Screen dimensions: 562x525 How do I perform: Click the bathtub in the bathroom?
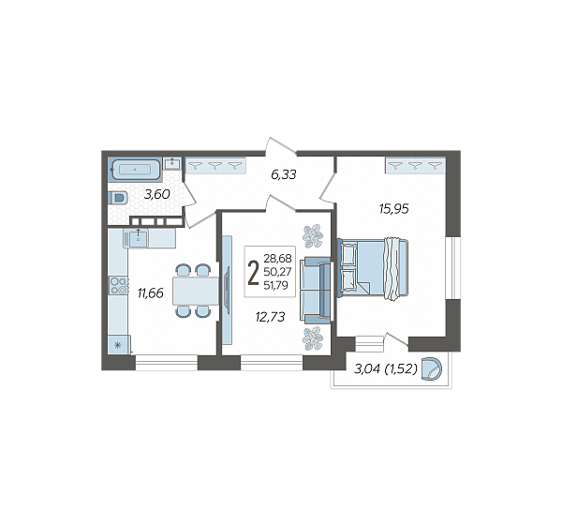click(135, 169)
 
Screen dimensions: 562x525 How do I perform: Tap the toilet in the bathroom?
click(118, 198)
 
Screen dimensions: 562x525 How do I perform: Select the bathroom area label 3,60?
click(156, 194)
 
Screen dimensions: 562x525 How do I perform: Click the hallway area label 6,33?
click(284, 174)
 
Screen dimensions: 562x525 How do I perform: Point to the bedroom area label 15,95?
click(394, 209)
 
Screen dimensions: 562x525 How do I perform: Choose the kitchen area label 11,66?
click(151, 293)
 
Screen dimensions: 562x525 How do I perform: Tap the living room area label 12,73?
click(271, 317)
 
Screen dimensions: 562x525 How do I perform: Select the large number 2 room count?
click(254, 273)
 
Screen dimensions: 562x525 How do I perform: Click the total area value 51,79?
click(275, 285)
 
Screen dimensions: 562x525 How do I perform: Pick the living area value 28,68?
click(277, 258)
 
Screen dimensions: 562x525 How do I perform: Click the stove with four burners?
click(119, 286)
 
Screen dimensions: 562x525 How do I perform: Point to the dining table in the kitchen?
click(196, 291)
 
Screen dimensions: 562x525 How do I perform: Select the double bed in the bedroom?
click(373, 268)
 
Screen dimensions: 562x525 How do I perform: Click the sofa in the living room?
click(317, 291)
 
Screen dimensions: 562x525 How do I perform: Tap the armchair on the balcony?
click(432, 368)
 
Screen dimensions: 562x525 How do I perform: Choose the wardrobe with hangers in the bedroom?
click(415, 165)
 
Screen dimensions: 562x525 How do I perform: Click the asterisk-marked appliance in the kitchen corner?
click(119, 345)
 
